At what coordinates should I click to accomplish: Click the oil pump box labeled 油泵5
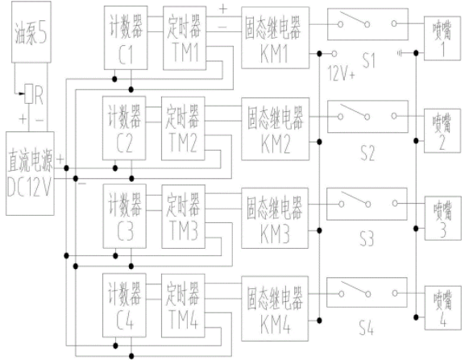tap(31, 32)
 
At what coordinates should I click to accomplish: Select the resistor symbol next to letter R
tap(29, 94)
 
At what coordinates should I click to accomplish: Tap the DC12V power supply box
tap(30, 173)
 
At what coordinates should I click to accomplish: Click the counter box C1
tap(126, 38)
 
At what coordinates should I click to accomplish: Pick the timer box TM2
tap(183, 129)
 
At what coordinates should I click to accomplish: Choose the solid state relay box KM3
tap(275, 218)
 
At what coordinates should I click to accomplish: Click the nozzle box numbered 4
tap(443, 308)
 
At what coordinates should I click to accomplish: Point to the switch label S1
tap(369, 60)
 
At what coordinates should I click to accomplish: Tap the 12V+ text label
tap(342, 73)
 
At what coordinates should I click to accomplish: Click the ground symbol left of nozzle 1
tap(400, 53)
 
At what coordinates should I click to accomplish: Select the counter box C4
tap(124, 305)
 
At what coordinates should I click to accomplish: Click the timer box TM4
tap(183, 305)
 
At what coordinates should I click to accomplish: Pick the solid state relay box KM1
tap(275, 38)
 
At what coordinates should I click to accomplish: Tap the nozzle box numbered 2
tap(442, 131)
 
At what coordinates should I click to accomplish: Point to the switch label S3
tap(367, 239)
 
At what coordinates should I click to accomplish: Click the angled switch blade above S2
tap(354, 110)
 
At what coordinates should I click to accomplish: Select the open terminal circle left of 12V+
tap(334, 54)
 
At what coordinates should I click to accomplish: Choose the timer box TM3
tap(184, 217)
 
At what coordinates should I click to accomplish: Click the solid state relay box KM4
tap(275, 308)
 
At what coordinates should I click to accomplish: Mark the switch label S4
tap(367, 329)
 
